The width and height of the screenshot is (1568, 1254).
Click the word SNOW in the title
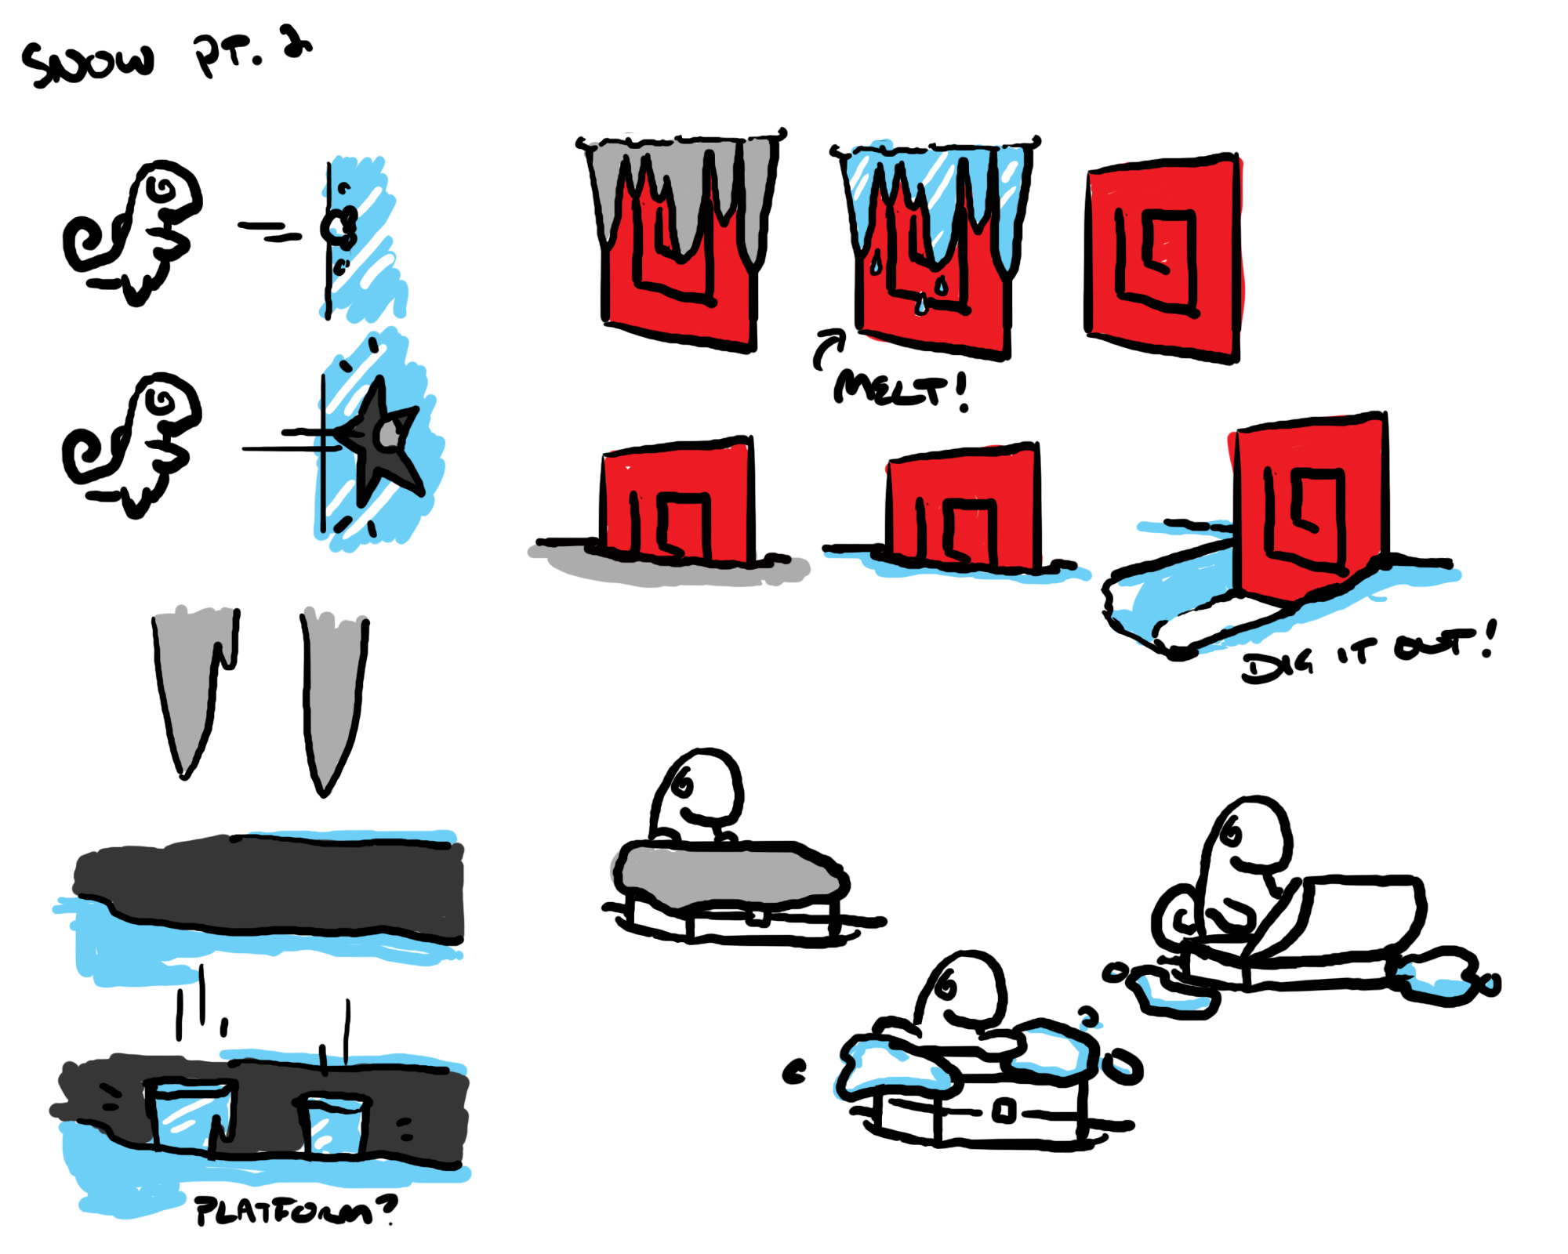[88, 63]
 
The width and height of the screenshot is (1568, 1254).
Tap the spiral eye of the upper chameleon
[163, 188]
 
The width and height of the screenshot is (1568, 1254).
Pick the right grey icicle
[332, 698]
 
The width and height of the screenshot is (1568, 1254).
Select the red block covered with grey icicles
[681, 239]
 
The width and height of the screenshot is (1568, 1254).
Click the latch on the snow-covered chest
[1004, 1111]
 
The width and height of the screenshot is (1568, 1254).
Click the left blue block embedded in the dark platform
[191, 1117]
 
